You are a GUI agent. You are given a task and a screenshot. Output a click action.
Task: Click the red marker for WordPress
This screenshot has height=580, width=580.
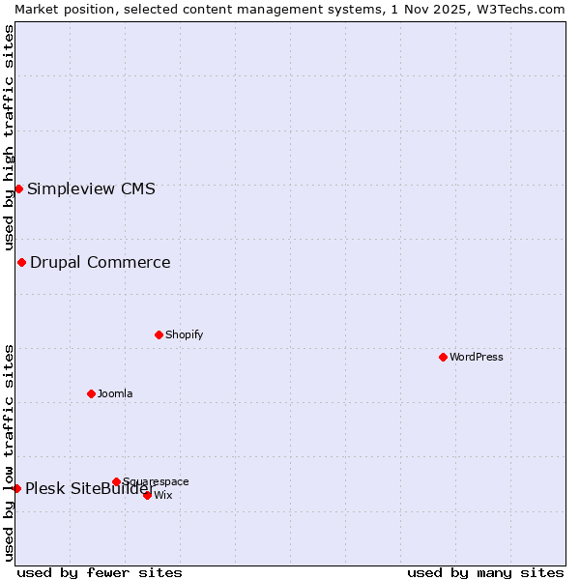click(443, 357)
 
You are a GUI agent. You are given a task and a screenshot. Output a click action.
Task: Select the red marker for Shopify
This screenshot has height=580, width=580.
click(159, 334)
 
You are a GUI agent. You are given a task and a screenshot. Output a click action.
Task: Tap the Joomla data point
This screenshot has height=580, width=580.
click(91, 393)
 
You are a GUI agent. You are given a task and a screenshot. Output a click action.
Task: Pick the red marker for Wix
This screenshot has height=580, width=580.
click(147, 495)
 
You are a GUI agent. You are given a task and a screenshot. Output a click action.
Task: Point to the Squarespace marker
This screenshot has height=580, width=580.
click(116, 481)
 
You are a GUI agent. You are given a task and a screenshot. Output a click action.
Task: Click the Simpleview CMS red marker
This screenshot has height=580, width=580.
click(18, 188)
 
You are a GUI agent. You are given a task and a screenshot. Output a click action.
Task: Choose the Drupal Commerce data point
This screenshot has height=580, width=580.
click(21, 262)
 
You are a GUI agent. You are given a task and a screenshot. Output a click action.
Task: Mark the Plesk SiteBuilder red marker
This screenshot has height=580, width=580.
click(16, 488)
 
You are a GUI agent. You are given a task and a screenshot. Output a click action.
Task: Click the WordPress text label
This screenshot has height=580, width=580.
click(477, 357)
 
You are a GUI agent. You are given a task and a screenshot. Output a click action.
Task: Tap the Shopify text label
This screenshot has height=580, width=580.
click(184, 334)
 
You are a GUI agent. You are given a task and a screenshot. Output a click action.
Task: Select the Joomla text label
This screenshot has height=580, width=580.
click(115, 393)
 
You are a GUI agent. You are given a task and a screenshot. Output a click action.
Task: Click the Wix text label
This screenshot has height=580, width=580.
click(163, 495)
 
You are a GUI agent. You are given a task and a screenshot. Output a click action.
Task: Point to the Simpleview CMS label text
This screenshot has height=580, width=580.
click(91, 188)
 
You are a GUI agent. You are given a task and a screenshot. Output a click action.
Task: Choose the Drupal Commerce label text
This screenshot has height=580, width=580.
click(101, 262)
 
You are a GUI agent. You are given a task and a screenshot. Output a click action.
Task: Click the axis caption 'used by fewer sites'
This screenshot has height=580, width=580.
click(100, 572)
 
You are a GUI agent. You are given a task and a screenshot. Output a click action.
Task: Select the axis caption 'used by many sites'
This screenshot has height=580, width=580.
click(485, 572)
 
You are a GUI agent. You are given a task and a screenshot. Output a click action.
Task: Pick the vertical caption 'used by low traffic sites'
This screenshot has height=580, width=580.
click(9, 452)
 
